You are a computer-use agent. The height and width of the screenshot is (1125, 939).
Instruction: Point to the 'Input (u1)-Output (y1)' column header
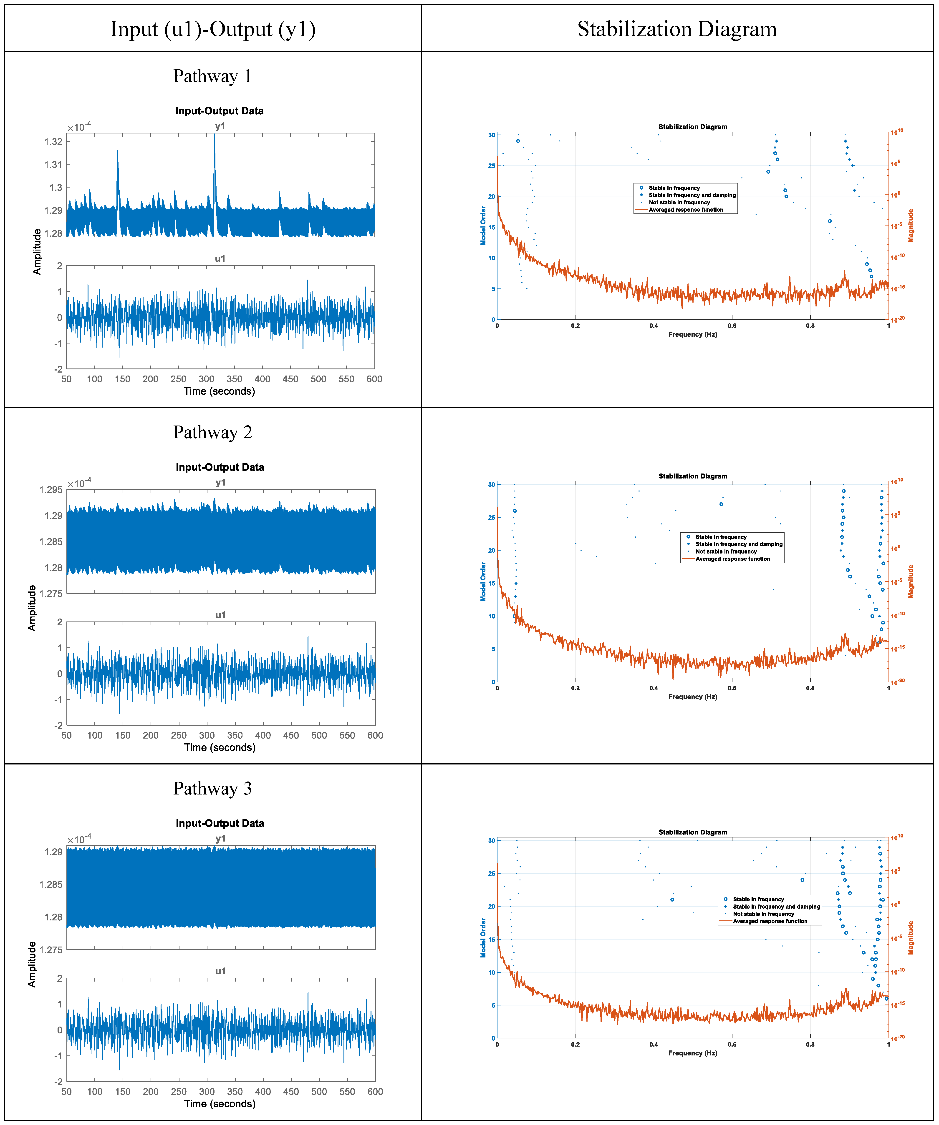213,29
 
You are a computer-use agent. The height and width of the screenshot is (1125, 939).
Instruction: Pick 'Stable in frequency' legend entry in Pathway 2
721,537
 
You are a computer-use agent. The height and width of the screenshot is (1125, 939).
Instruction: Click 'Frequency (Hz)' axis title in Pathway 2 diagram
692,697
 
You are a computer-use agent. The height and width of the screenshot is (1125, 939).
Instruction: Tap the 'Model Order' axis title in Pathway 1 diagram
483,226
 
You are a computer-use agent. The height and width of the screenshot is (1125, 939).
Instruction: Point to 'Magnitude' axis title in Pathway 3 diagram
911,937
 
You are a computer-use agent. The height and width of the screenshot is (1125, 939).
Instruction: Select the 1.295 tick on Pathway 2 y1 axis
51,490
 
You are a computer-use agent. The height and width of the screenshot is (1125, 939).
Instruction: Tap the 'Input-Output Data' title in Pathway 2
220,467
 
